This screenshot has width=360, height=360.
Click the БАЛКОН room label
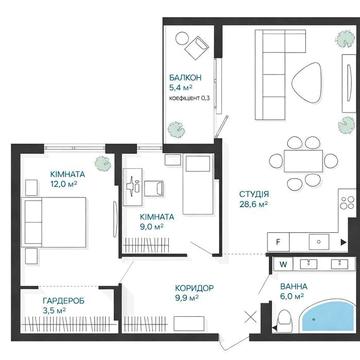[x=185, y=78]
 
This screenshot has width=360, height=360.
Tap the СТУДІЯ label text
[x=254, y=194]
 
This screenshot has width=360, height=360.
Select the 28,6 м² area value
[x=254, y=204]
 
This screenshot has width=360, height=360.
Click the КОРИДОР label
[x=194, y=288]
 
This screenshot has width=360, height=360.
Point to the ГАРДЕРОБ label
[x=63, y=301]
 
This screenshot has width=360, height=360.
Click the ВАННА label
[x=294, y=286]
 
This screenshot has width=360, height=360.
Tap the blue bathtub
[x=327, y=316]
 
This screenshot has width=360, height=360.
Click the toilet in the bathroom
[x=285, y=321]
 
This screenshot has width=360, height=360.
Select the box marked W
[x=283, y=265]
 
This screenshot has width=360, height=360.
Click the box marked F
[x=278, y=242]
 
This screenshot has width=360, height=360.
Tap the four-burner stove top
[x=347, y=203]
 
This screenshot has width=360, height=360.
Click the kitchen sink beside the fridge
[x=319, y=242]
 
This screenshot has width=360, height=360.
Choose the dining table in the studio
[x=303, y=161]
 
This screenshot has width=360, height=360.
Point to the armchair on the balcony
[x=197, y=47]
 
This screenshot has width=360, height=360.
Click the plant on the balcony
[x=175, y=129]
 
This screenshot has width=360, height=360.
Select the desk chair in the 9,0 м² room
[x=154, y=188]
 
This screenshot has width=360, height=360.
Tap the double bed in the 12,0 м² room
[x=54, y=222]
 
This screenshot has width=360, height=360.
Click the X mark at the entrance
[x=250, y=317]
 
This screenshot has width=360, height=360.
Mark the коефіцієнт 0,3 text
[x=189, y=98]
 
